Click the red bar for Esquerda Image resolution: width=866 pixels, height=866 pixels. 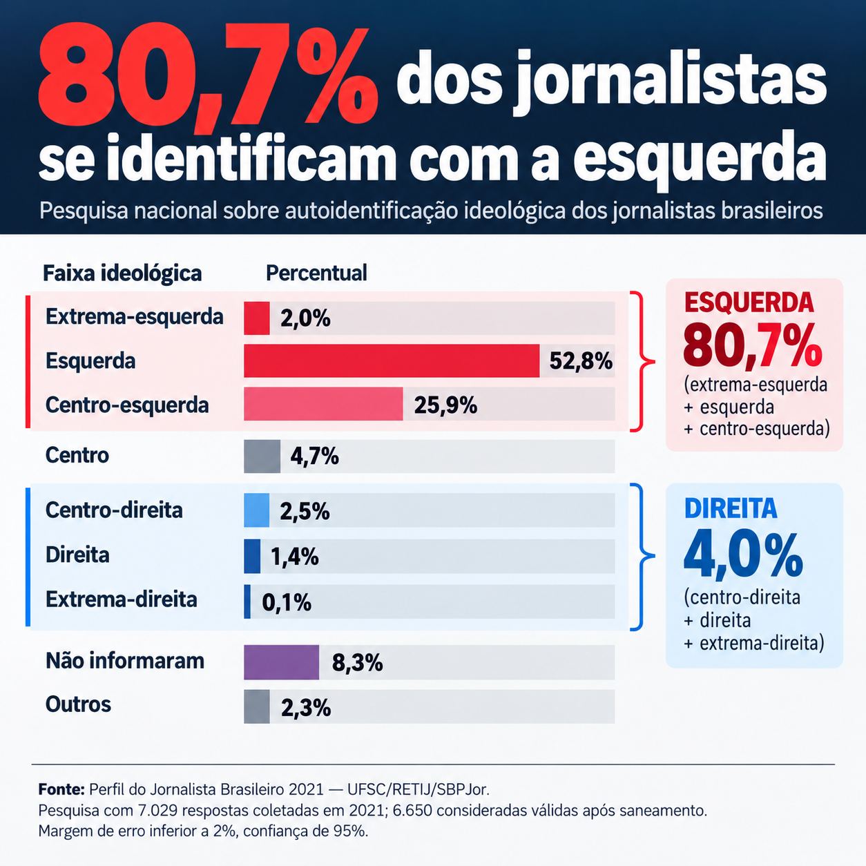click(392, 361)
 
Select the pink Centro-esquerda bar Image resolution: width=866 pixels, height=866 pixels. click(324, 403)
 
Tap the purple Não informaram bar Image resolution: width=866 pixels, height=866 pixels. click(281, 662)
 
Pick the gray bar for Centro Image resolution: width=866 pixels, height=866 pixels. click(262, 456)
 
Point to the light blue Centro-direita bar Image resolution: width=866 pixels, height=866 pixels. click(257, 510)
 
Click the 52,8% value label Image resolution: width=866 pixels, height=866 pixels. click(581, 361)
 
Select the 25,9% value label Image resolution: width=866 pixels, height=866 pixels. click(445, 405)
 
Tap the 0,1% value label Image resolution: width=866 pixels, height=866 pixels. click(287, 603)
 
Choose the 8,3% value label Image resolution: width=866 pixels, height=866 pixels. click(357, 663)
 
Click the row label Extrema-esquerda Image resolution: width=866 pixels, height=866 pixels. click(135, 317)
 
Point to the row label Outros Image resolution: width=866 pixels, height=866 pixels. click(78, 704)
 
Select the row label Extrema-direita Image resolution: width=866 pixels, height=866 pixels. click(122, 599)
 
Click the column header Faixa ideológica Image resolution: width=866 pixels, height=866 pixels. click(122, 273)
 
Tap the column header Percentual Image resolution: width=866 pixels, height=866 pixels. click(316, 273)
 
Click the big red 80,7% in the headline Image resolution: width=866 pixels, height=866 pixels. click(208, 77)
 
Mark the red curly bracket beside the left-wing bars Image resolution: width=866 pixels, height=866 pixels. click(643, 361)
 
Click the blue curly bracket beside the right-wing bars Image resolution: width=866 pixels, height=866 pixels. click(643, 557)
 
